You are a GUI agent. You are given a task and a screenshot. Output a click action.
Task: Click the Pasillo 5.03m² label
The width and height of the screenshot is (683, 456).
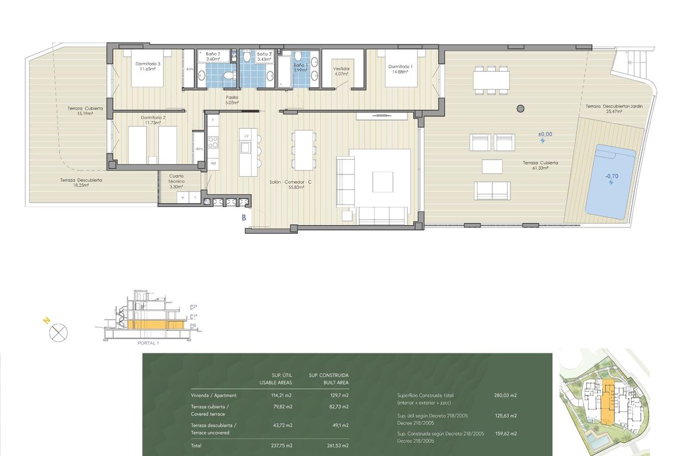pyautogui.click(x=232, y=100)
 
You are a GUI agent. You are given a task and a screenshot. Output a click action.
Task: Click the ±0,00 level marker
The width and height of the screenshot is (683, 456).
pyautogui.click(x=545, y=135)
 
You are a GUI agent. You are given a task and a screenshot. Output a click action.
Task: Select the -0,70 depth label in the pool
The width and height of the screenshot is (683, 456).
pyautogui.click(x=611, y=177)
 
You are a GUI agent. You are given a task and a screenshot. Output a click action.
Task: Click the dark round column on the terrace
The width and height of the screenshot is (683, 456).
pyautogui.click(x=520, y=108)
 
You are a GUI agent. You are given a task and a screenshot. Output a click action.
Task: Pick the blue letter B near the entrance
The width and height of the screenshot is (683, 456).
pyautogui.click(x=244, y=217)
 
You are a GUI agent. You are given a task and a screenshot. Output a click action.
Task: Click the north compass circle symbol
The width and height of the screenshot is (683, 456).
pyautogui.click(x=59, y=332)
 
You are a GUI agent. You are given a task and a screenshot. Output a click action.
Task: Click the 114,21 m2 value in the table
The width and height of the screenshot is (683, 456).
pyautogui.click(x=282, y=395)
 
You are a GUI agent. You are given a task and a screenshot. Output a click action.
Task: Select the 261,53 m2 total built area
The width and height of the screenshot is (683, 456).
pyautogui.click(x=338, y=446)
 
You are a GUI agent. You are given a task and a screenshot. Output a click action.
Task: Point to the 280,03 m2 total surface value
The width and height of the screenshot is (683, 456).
pyautogui.click(x=505, y=395)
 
